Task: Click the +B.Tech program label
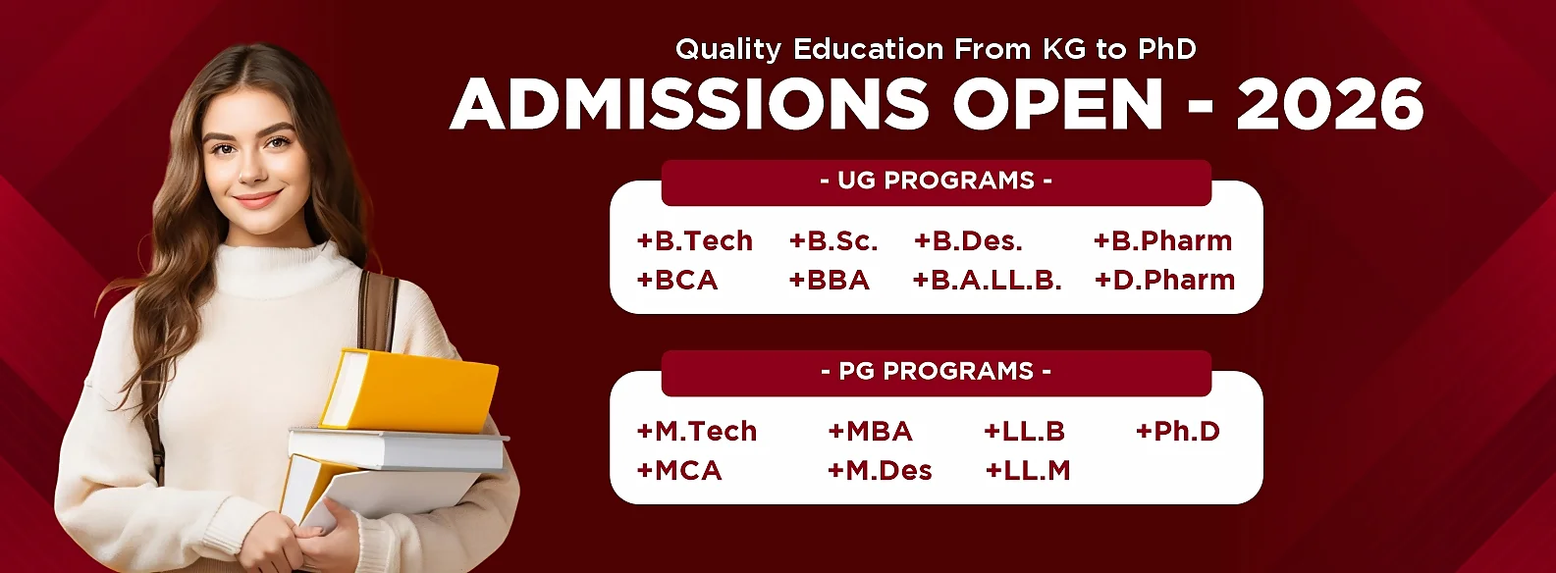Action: [695, 240]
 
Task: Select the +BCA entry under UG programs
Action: [677, 280]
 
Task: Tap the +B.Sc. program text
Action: [833, 240]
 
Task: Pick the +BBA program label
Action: [830, 280]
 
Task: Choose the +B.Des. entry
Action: [968, 240]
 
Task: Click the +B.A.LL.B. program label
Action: [988, 280]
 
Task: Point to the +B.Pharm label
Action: [1163, 240]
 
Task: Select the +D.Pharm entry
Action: [1165, 280]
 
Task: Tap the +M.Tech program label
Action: [697, 431]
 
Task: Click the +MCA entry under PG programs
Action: [679, 470]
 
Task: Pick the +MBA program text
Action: [870, 431]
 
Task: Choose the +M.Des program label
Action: [880, 470]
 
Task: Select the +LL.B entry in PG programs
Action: [1024, 431]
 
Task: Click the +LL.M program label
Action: [1028, 470]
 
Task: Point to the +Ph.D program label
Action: [1178, 431]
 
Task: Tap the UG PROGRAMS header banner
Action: [936, 182]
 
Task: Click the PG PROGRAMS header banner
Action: [936, 372]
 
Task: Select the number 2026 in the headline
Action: [1329, 104]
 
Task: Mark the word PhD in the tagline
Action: [1166, 49]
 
